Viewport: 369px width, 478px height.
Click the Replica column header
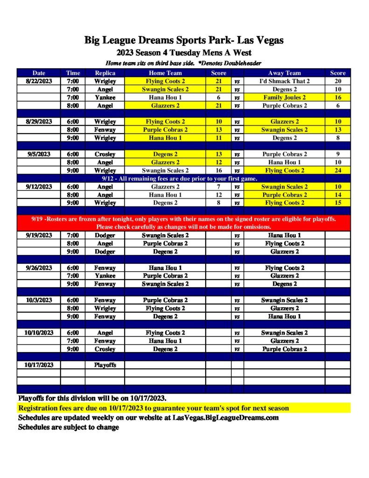click(104, 73)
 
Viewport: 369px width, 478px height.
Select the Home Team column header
click(165, 73)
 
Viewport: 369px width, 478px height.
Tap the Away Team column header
click(284, 73)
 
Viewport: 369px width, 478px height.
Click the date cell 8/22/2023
click(39, 81)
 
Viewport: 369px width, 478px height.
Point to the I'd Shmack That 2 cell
click(284, 81)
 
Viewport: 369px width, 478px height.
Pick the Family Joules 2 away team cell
click(284, 98)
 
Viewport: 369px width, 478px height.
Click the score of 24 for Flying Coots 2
click(337, 170)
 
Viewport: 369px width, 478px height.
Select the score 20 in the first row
click(337, 81)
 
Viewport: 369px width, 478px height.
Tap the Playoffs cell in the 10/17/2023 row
click(104, 365)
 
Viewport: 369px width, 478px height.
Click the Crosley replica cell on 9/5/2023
click(104, 154)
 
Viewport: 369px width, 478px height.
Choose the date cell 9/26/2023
click(39, 268)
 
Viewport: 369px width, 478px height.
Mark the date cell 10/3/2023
click(39, 300)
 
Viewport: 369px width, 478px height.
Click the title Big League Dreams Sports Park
click(184, 40)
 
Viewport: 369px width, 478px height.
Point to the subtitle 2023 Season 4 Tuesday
click(184, 53)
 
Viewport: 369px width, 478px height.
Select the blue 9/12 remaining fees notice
click(184, 178)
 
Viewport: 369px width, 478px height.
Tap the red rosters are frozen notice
click(184, 223)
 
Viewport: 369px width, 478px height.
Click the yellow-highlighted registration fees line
click(153, 408)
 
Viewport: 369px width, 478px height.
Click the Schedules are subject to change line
click(69, 427)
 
